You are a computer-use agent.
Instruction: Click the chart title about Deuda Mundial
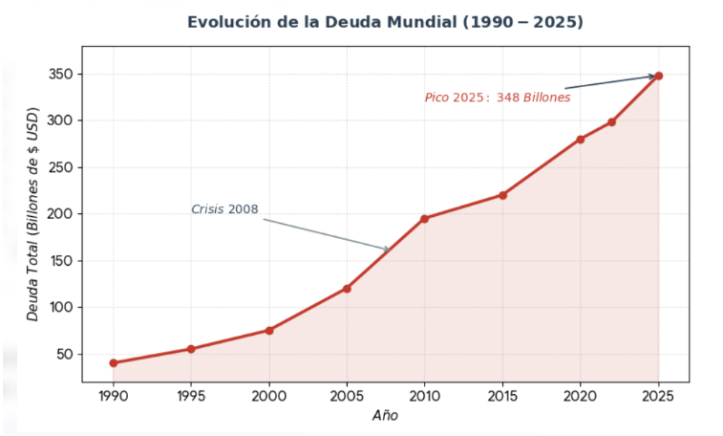[x=385, y=22]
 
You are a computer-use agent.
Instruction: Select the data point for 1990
[x=114, y=363]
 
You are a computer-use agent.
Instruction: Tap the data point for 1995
[x=191, y=349]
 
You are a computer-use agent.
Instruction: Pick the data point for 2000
[x=269, y=331]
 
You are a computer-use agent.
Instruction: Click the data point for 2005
[x=347, y=288]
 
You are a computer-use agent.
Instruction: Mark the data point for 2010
[x=424, y=218]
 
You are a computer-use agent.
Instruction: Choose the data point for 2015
[x=502, y=195]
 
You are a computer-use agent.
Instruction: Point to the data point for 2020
[x=581, y=140]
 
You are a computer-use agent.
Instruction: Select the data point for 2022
[x=611, y=122]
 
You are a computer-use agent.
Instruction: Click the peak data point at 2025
[x=658, y=76]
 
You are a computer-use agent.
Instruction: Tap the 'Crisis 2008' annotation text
[x=224, y=209]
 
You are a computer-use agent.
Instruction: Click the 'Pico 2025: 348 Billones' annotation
[x=497, y=98]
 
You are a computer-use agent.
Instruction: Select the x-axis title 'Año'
[x=385, y=416]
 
